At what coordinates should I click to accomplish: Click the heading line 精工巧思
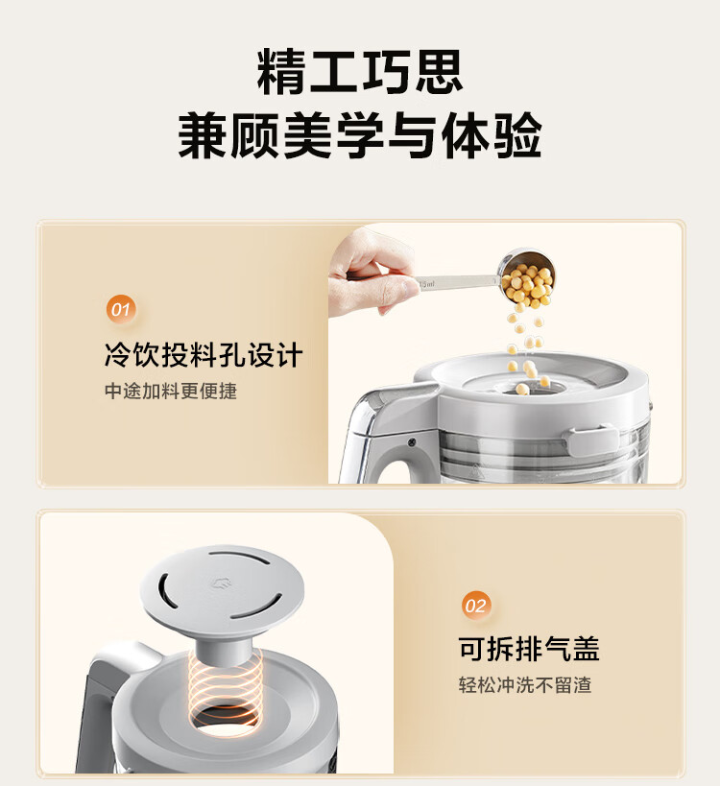click(x=359, y=72)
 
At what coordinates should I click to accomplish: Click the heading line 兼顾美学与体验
click(x=359, y=135)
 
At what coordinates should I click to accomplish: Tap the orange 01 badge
click(x=120, y=309)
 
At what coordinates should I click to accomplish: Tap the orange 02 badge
click(x=475, y=606)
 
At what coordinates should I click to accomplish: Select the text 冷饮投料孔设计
click(x=204, y=355)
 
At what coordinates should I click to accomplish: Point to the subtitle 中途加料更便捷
click(x=171, y=391)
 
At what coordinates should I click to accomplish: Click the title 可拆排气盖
click(x=529, y=649)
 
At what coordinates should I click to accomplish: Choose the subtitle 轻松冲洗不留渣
click(x=525, y=684)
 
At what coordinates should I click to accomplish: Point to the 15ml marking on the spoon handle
click(x=426, y=284)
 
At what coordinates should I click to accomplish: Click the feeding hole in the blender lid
click(x=532, y=388)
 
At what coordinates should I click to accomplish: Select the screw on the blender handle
click(x=412, y=442)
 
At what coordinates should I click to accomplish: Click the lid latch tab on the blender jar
click(x=591, y=440)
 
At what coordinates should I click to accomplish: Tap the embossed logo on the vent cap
click(x=221, y=583)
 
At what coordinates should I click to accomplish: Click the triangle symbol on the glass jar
click(x=474, y=469)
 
